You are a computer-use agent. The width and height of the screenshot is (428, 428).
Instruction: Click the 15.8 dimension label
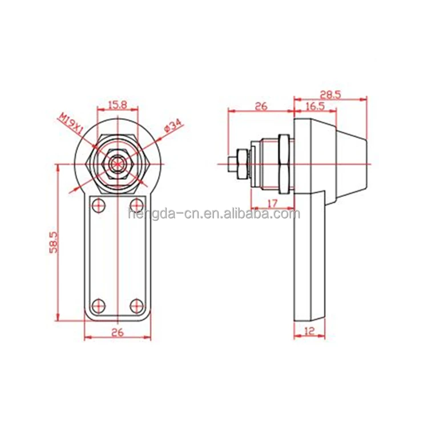pos(118,105)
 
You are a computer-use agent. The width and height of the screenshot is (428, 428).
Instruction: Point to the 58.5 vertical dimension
pos(54,242)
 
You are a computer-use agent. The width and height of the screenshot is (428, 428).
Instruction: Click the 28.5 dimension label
pos(330,95)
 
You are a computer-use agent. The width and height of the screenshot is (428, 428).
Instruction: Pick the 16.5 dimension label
pos(315,106)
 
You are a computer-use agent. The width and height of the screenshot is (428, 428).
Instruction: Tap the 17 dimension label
pos(273,203)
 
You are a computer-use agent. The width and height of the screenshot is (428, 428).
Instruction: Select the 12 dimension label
pos(309,331)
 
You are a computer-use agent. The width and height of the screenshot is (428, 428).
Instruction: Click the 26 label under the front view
pos(118,333)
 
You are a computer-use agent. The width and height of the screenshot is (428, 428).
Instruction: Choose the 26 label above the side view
pos(261,106)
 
